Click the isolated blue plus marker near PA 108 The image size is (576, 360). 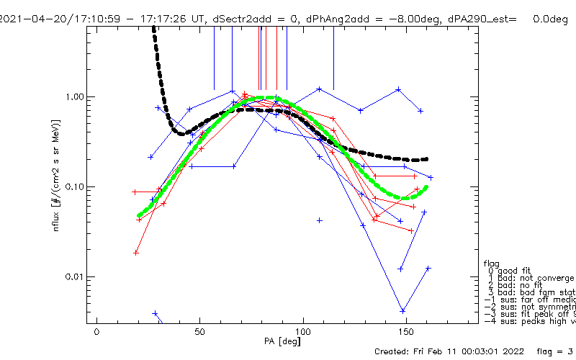pos(320,220)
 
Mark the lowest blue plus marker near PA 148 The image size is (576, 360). pos(403,311)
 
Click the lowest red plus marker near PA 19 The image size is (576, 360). pos(136,253)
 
